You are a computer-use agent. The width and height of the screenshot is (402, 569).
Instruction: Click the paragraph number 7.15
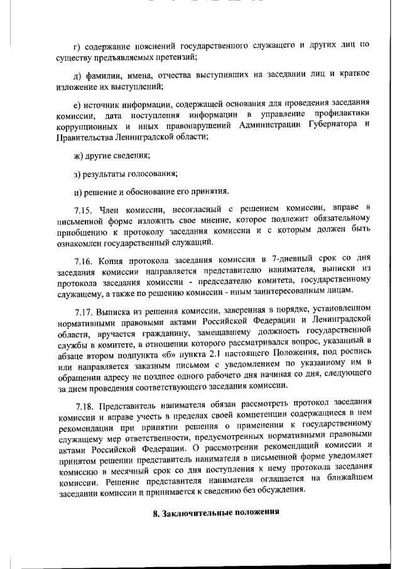click(x=85, y=207)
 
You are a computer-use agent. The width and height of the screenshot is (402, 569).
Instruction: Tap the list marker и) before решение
click(x=78, y=191)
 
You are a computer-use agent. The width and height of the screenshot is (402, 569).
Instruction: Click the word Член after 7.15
click(x=116, y=207)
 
